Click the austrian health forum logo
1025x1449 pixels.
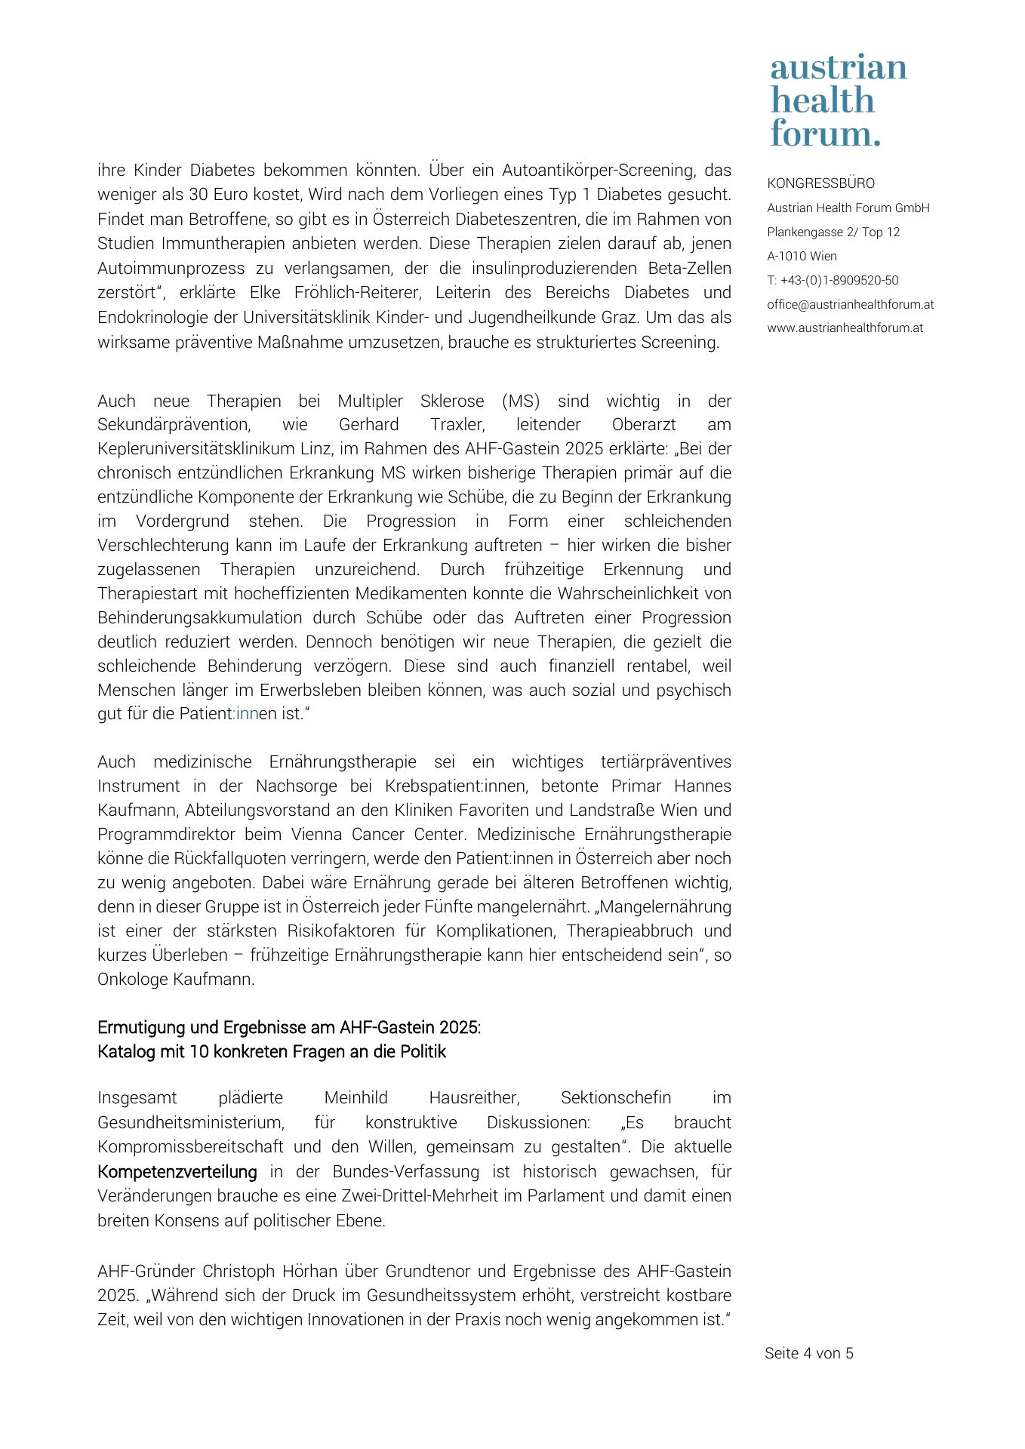pyautogui.click(x=838, y=100)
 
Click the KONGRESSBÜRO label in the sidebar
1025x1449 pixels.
pyautogui.click(x=820, y=183)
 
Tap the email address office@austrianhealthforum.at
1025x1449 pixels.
pyautogui.click(x=850, y=304)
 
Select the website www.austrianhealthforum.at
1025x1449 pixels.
pyautogui.click(x=845, y=328)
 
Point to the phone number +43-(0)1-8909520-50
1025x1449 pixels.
pyautogui.click(x=839, y=280)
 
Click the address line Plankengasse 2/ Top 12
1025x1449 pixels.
pyautogui.click(x=833, y=232)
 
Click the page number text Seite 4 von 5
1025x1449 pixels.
pyautogui.click(x=808, y=1353)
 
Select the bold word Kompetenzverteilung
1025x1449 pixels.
pyautogui.click(x=177, y=1172)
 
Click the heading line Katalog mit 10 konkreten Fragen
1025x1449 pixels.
pyautogui.click(x=272, y=1052)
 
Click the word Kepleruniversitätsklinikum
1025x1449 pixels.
pyautogui.click(x=199, y=449)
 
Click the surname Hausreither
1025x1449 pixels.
pyautogui.click(x=473, y=1098)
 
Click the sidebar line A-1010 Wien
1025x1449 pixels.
pyautogui.click(x=802, y=256)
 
